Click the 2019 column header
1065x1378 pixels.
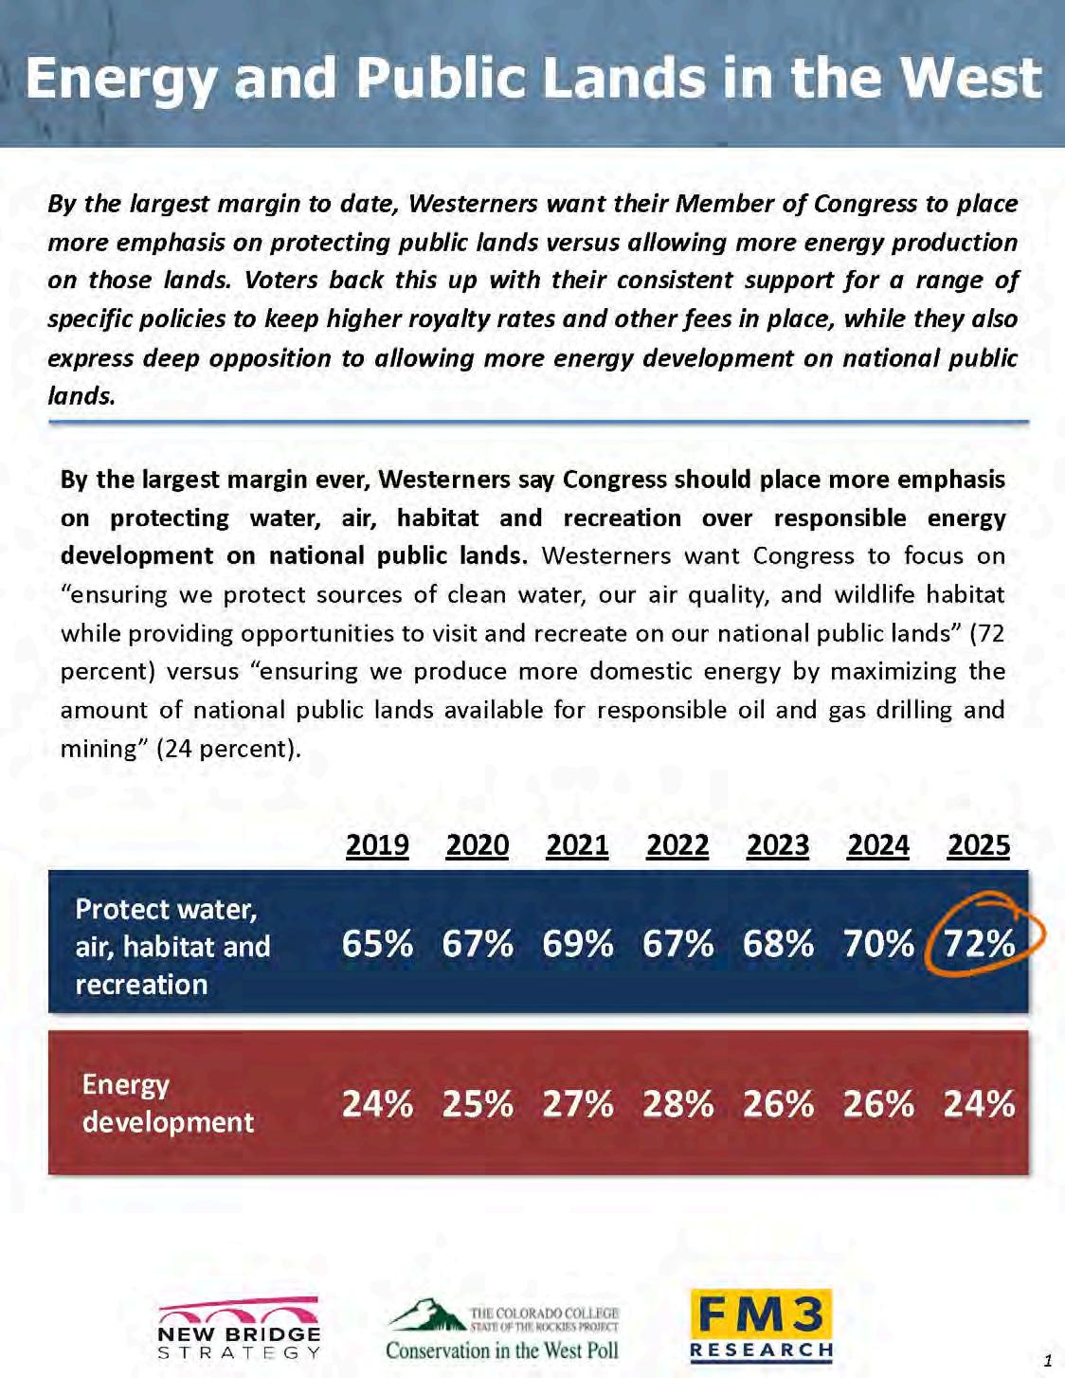377,844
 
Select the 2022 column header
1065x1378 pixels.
677,844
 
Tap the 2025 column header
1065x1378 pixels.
979,844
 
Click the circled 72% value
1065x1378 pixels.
980,943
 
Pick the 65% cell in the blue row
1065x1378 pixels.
377,943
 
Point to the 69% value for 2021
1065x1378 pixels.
578,943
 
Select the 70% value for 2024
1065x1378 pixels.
878,943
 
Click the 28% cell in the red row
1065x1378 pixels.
677,1104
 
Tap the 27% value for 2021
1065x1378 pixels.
578,1104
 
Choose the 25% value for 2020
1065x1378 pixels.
478,1104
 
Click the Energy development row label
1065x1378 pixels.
168,1103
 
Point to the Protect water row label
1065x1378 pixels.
172,946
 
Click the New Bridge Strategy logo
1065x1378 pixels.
239,1328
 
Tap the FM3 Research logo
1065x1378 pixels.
762,1326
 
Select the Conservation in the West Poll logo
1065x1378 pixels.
502,1330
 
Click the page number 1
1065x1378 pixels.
1048,1360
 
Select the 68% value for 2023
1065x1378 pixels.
778,943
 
